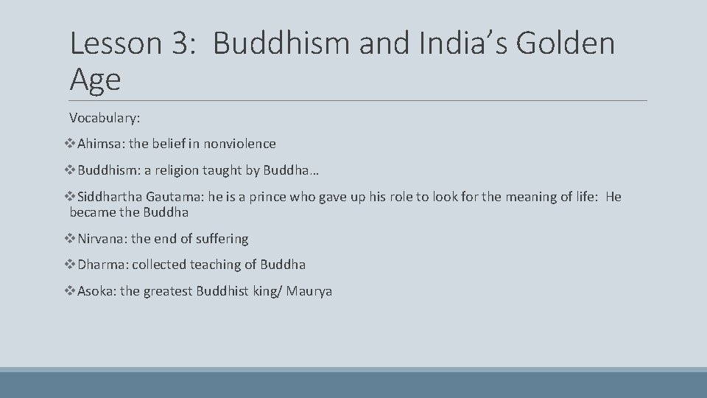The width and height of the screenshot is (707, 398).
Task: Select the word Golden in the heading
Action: [566, 43]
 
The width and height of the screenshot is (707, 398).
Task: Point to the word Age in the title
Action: [95, 78]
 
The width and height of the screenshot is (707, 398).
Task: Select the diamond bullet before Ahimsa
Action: [71, 144]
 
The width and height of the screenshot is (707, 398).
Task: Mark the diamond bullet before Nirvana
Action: [71, 239]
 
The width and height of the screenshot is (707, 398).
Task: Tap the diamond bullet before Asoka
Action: [71, 291]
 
